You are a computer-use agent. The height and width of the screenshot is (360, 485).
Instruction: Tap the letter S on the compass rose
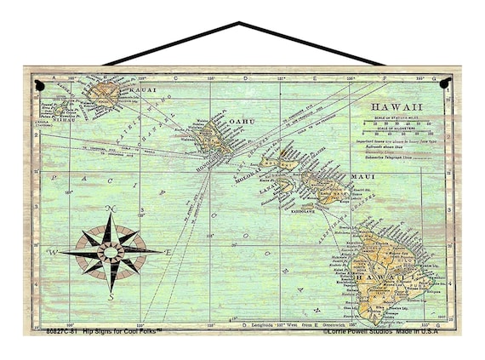click(x=111, y=296)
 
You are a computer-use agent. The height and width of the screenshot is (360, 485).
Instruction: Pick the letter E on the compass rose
click(x=168, y=253)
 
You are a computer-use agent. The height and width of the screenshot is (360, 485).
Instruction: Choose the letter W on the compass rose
click(x=52, y=252)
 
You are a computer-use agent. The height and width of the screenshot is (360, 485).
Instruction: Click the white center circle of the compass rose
click(x=111, y=251)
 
